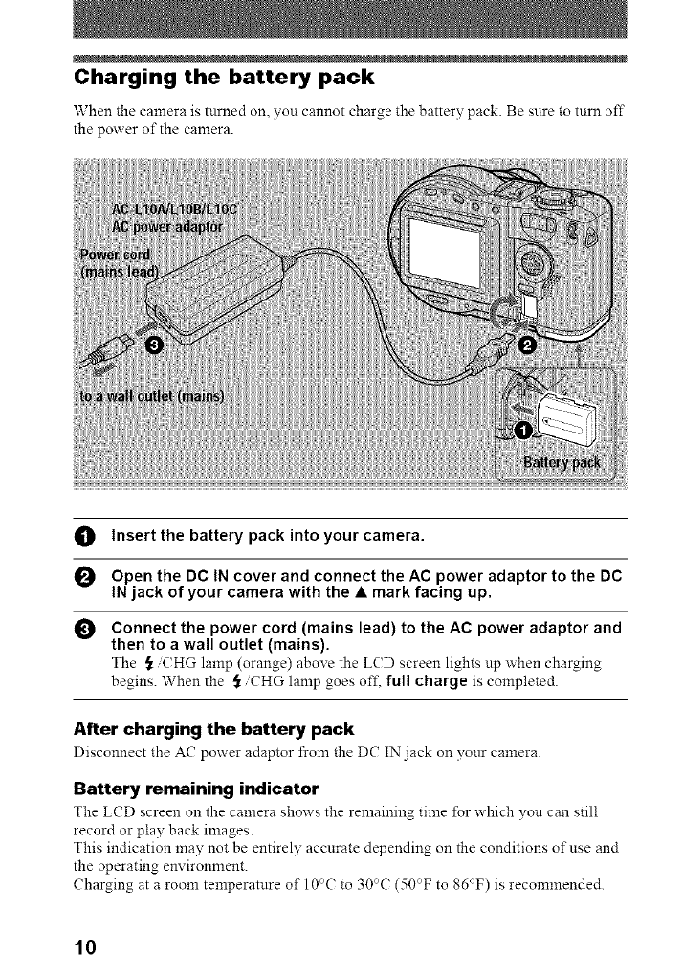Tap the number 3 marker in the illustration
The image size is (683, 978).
(x=159, y=345)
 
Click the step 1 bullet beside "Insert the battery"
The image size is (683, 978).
(x=83, y=534)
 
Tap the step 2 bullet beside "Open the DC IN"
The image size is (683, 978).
(x=83, y=577)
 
